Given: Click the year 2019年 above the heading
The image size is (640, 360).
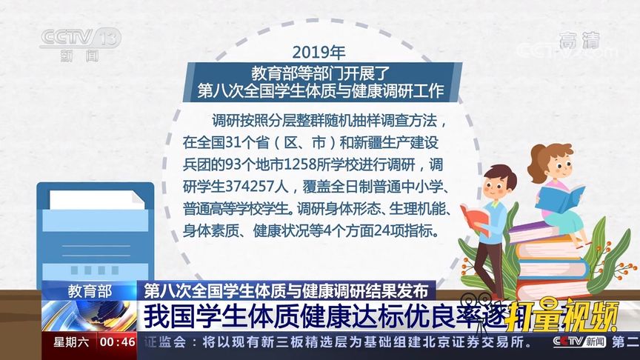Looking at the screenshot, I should click(x=319, y=53).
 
